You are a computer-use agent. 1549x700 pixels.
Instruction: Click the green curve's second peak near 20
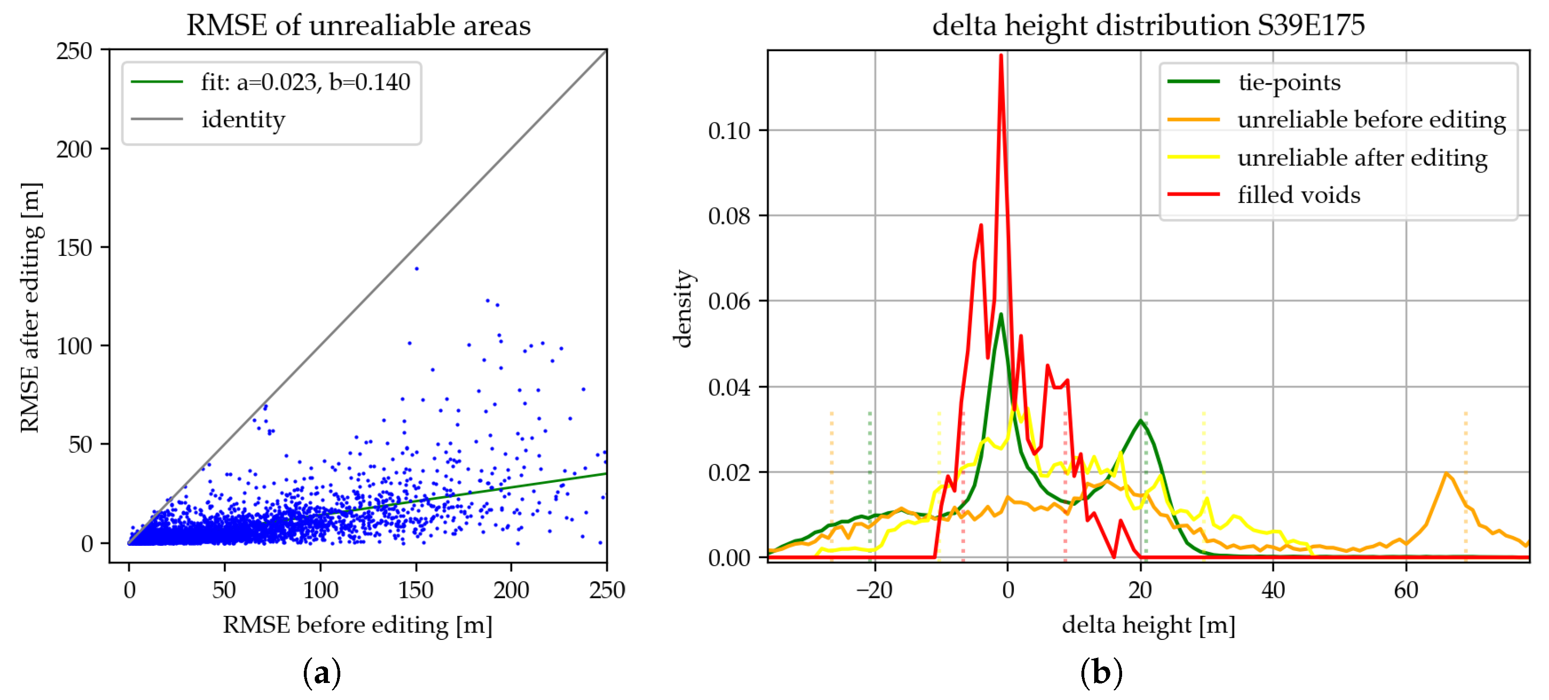[x=1140, y=420]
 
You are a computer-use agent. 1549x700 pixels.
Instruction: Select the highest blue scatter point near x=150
[x=417, y=269]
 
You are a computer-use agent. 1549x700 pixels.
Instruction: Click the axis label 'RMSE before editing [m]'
[x=358, y=625]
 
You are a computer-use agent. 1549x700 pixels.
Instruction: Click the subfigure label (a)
[x=322, y=673]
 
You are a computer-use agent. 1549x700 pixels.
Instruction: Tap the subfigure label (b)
[x=1101, y=673]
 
